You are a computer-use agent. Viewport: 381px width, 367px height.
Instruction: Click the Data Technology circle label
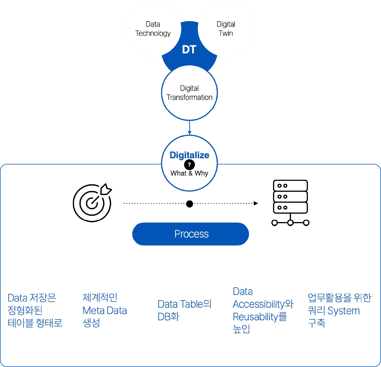point(153,29)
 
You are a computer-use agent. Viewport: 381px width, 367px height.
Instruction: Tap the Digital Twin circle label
point(226,29)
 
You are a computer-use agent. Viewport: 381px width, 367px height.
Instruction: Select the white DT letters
point(189,50)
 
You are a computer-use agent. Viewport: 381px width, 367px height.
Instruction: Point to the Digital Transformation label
point(189,93)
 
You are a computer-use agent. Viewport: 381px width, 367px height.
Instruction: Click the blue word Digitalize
point(189,155)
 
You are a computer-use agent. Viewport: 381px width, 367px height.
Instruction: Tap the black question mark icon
point(189,165)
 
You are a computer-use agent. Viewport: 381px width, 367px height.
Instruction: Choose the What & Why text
point(189,173)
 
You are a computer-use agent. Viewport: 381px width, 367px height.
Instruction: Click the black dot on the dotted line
point(190,203)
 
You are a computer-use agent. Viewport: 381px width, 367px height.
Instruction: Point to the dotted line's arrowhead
point(256,203)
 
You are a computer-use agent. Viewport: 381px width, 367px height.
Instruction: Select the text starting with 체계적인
point(105,310)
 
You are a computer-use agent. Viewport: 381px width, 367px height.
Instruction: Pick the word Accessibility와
point(263,304)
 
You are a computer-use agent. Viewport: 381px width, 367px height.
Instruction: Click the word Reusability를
point(260,317)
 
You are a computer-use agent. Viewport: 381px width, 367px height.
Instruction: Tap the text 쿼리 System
point(334,311)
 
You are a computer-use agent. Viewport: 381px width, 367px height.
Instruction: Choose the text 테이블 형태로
point(35,323)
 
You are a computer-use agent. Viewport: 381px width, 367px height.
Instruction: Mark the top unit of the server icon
point(290,186)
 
